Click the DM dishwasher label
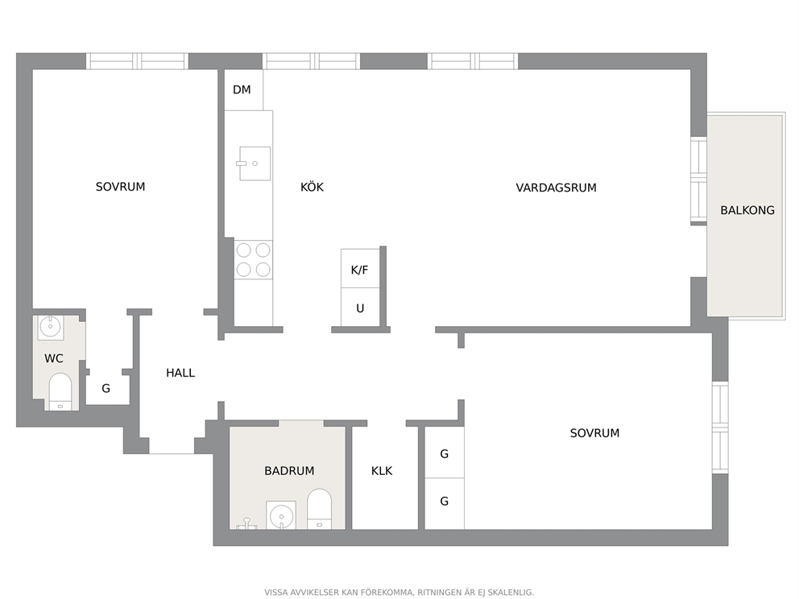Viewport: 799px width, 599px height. (242, 89)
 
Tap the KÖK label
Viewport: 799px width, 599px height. (312, 187)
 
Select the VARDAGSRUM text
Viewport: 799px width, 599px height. (556, 188)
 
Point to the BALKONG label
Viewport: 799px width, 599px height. (747, 210)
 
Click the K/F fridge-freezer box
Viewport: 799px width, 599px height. (360, 268)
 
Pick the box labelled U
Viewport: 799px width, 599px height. (360, 307)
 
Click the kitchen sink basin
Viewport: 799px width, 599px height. (255, 163)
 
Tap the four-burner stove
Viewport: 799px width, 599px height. (253, 260)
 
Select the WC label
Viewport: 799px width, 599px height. (53, 358)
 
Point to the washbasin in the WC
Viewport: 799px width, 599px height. (51, 328)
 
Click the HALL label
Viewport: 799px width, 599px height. (180, 373)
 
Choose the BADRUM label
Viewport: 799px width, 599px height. (289, 471)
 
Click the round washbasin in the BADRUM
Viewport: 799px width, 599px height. (281, 515)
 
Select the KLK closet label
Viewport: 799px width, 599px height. (382, 471)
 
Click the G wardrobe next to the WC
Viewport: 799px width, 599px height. (106, 387)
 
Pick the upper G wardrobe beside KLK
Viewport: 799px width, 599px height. (445, 452)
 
